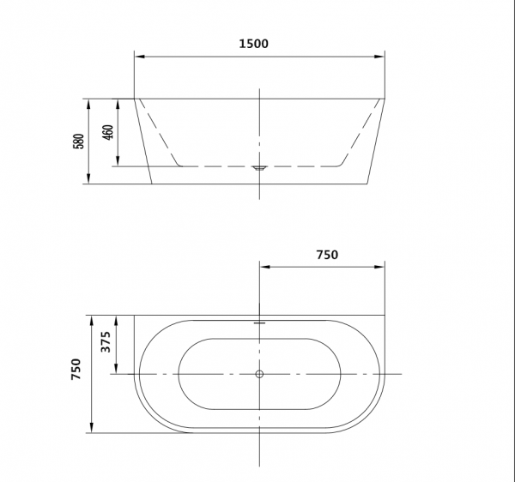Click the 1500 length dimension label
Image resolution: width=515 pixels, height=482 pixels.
pos(253,44)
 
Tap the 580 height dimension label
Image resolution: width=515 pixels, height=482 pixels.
pos(78,142)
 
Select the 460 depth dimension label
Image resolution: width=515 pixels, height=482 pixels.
pos(108,132)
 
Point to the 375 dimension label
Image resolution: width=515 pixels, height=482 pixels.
pos(106,342)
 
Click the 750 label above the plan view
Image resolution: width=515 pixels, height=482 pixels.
pos(327,255)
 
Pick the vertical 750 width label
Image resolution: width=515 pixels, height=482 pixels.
pos(76,369)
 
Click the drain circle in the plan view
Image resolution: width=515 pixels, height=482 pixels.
pos(259,374)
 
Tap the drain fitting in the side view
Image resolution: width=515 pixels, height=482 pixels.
pos(259,168)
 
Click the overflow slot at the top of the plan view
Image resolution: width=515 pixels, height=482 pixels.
pos(259,322)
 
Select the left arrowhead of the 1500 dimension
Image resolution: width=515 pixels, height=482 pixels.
pos(140,57)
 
